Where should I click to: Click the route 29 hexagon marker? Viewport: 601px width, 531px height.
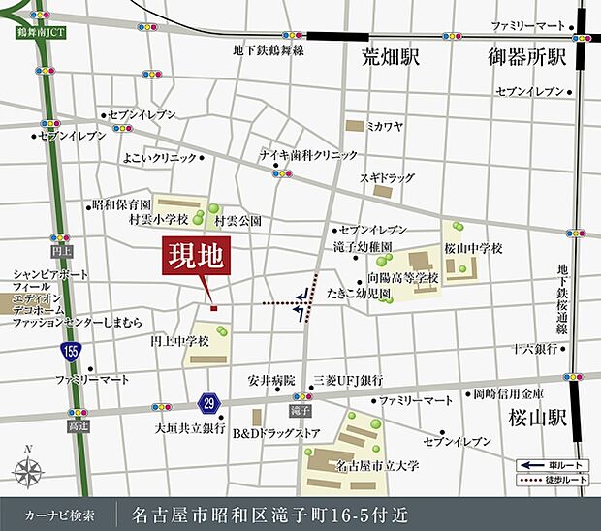point(209,400)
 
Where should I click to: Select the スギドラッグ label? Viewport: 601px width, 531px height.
point(386,178)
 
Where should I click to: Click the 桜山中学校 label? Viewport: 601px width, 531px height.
point(474,248)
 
